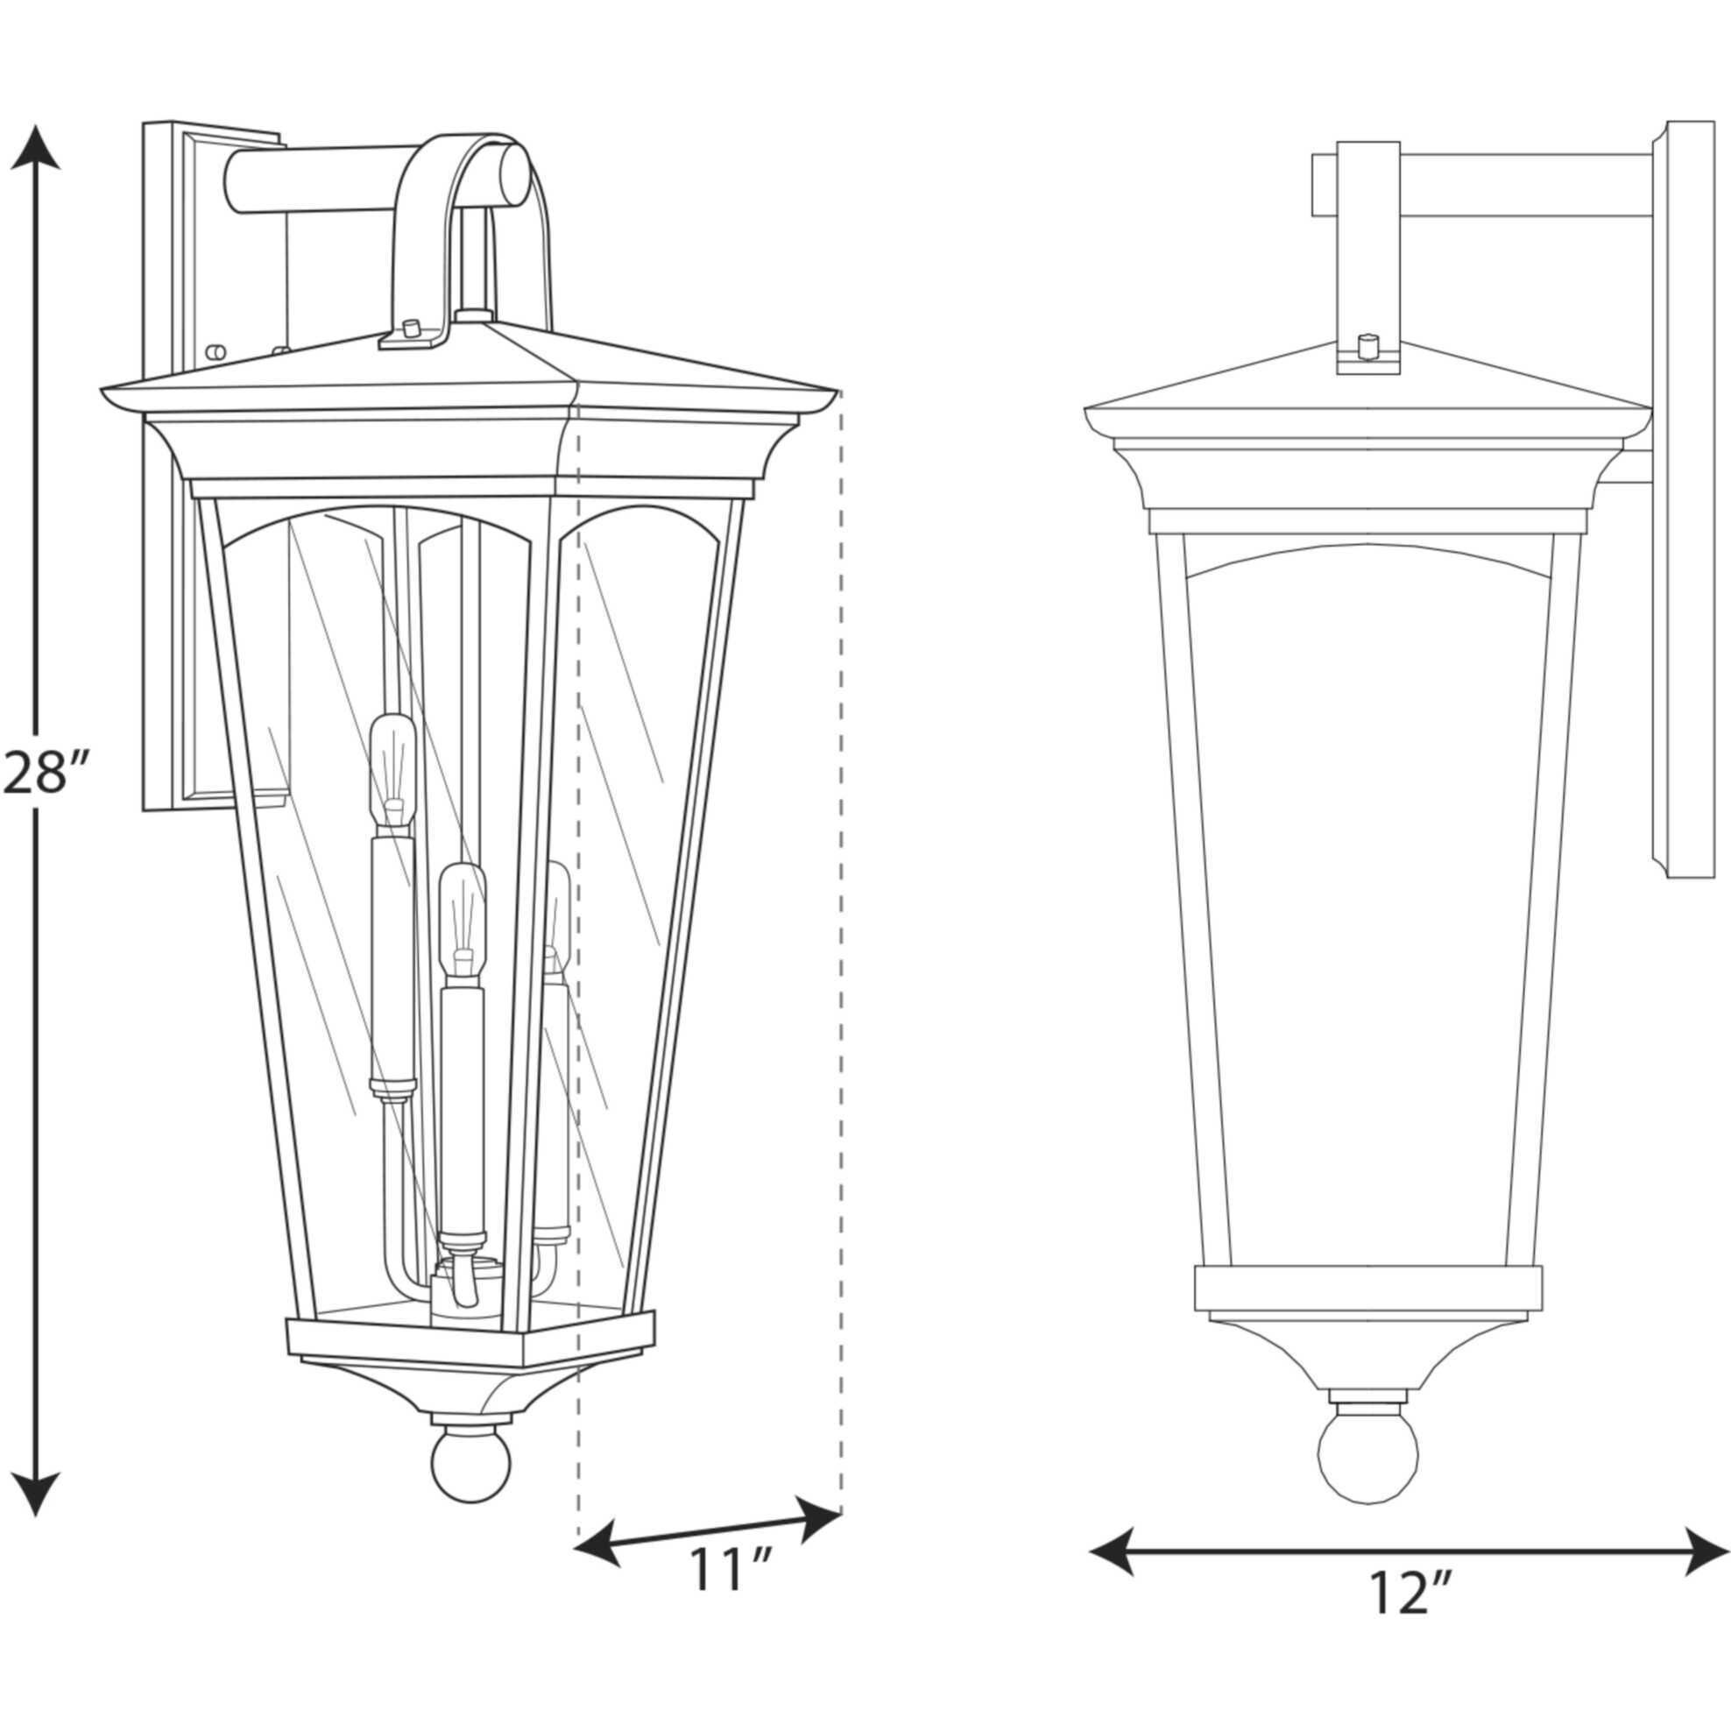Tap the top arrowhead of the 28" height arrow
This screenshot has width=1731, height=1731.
tap(35, 149)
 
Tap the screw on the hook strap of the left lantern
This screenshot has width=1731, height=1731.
tap(412, 327)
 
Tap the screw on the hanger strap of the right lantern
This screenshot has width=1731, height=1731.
tap(1367, 344)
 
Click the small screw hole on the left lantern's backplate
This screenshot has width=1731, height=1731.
tap(214, 352)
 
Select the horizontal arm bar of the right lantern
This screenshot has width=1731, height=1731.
tap(1523, 186)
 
